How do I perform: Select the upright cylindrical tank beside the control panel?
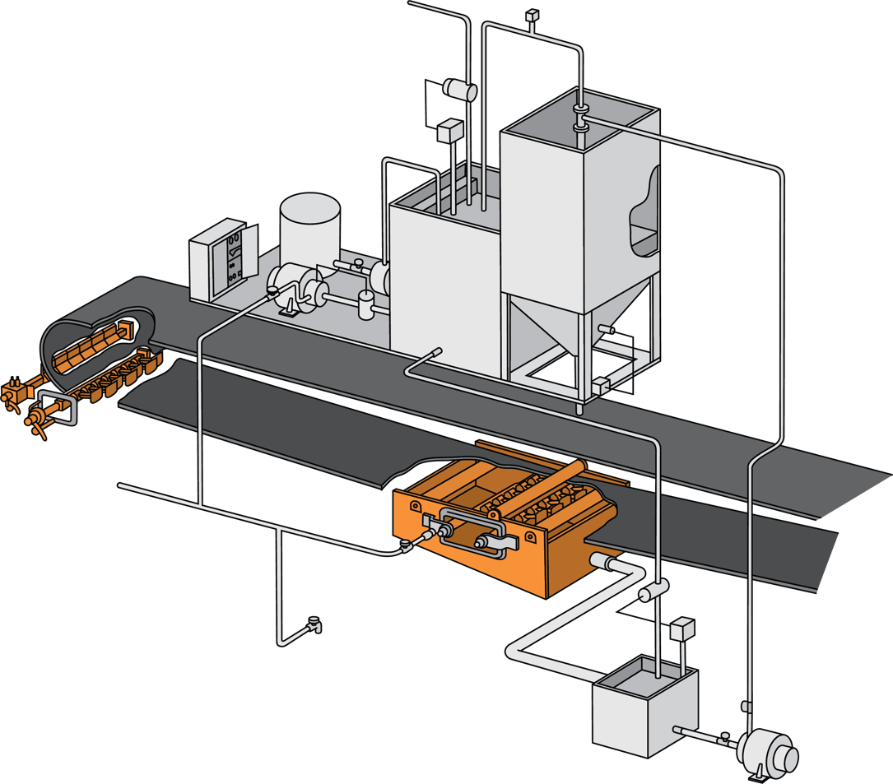click(x=309, y=226)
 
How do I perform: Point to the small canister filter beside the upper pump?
click(x=365, y=304)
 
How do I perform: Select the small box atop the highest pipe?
click(x=532, y=14)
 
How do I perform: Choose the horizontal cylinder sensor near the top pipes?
click(x=459, y=88)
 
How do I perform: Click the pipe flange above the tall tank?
click(x=581, y=117)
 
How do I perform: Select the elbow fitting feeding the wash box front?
click(x=407, y=544)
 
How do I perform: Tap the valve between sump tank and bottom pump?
click(x=725, y=737)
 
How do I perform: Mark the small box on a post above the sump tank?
click(x=683, y=629)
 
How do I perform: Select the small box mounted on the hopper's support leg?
click(x=599, y=383)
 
